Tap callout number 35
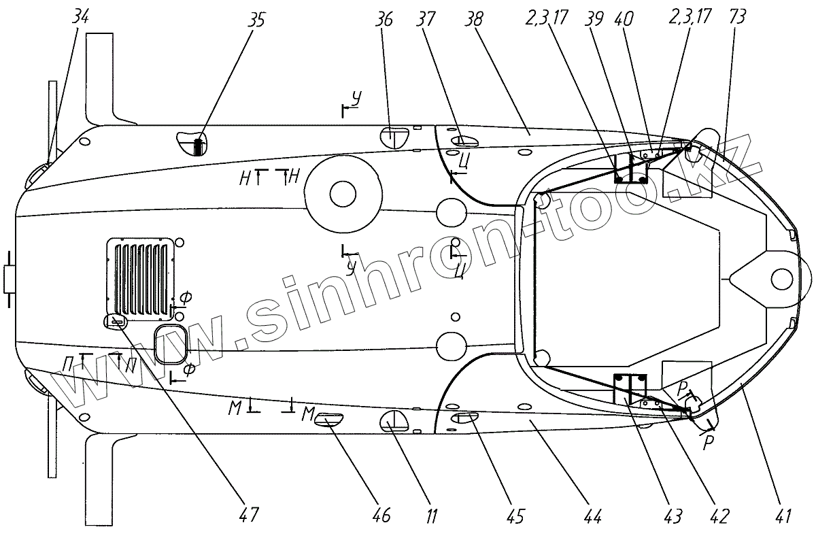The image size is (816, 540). pos(256,20)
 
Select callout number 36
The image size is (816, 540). pos(384,20)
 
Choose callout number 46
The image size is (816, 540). pos(381,516)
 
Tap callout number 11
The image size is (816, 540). pos(432,516)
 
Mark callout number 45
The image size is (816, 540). pos(515,516)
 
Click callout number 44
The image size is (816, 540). pos(594,516)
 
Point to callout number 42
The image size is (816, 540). pos(718,516)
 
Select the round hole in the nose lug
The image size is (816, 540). pos(782,277)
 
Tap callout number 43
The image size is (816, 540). pos(673,516)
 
